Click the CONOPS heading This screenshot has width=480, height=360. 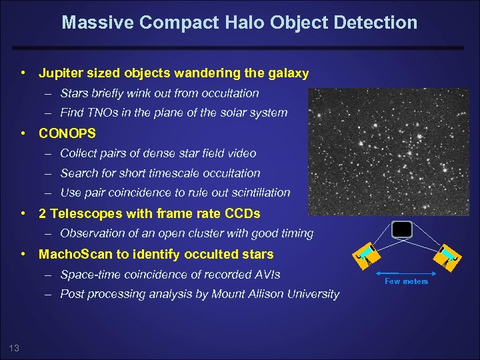67,133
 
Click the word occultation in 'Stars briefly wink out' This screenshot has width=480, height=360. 225,93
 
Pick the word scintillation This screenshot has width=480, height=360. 257,193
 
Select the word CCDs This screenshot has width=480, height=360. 242,213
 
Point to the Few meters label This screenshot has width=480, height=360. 406,281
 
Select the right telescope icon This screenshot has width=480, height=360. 447,256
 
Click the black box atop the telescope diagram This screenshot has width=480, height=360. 402,229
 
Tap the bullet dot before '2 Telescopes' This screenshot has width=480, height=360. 23,213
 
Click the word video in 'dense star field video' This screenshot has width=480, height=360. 241,153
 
